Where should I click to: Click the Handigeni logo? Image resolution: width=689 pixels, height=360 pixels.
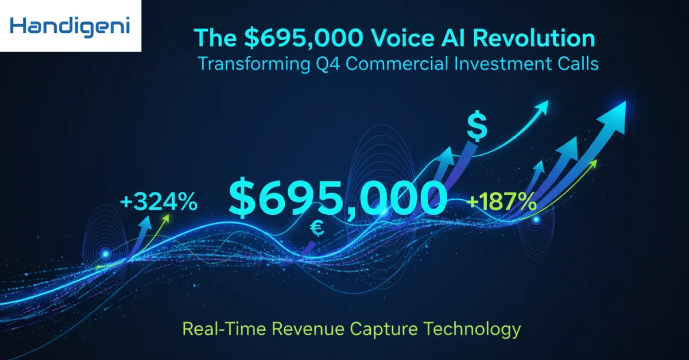pyautogui.click(x=69, y=26)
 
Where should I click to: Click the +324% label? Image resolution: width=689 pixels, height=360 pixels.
pyautogui.click(x=158, y=202)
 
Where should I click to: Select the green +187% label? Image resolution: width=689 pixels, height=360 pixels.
pyautogui.click(x=502, y=202)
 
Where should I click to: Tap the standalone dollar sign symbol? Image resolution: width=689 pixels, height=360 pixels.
pyautogui.click(x=477, y=126)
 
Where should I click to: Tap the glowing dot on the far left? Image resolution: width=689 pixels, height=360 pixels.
pyautogui.click(x=105, y=253)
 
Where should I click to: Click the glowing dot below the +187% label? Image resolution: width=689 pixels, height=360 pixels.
pyautogui.click(x=536, y=219)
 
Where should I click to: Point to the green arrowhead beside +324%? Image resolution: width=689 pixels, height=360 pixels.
pyautogui.click(x=167, y=219)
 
